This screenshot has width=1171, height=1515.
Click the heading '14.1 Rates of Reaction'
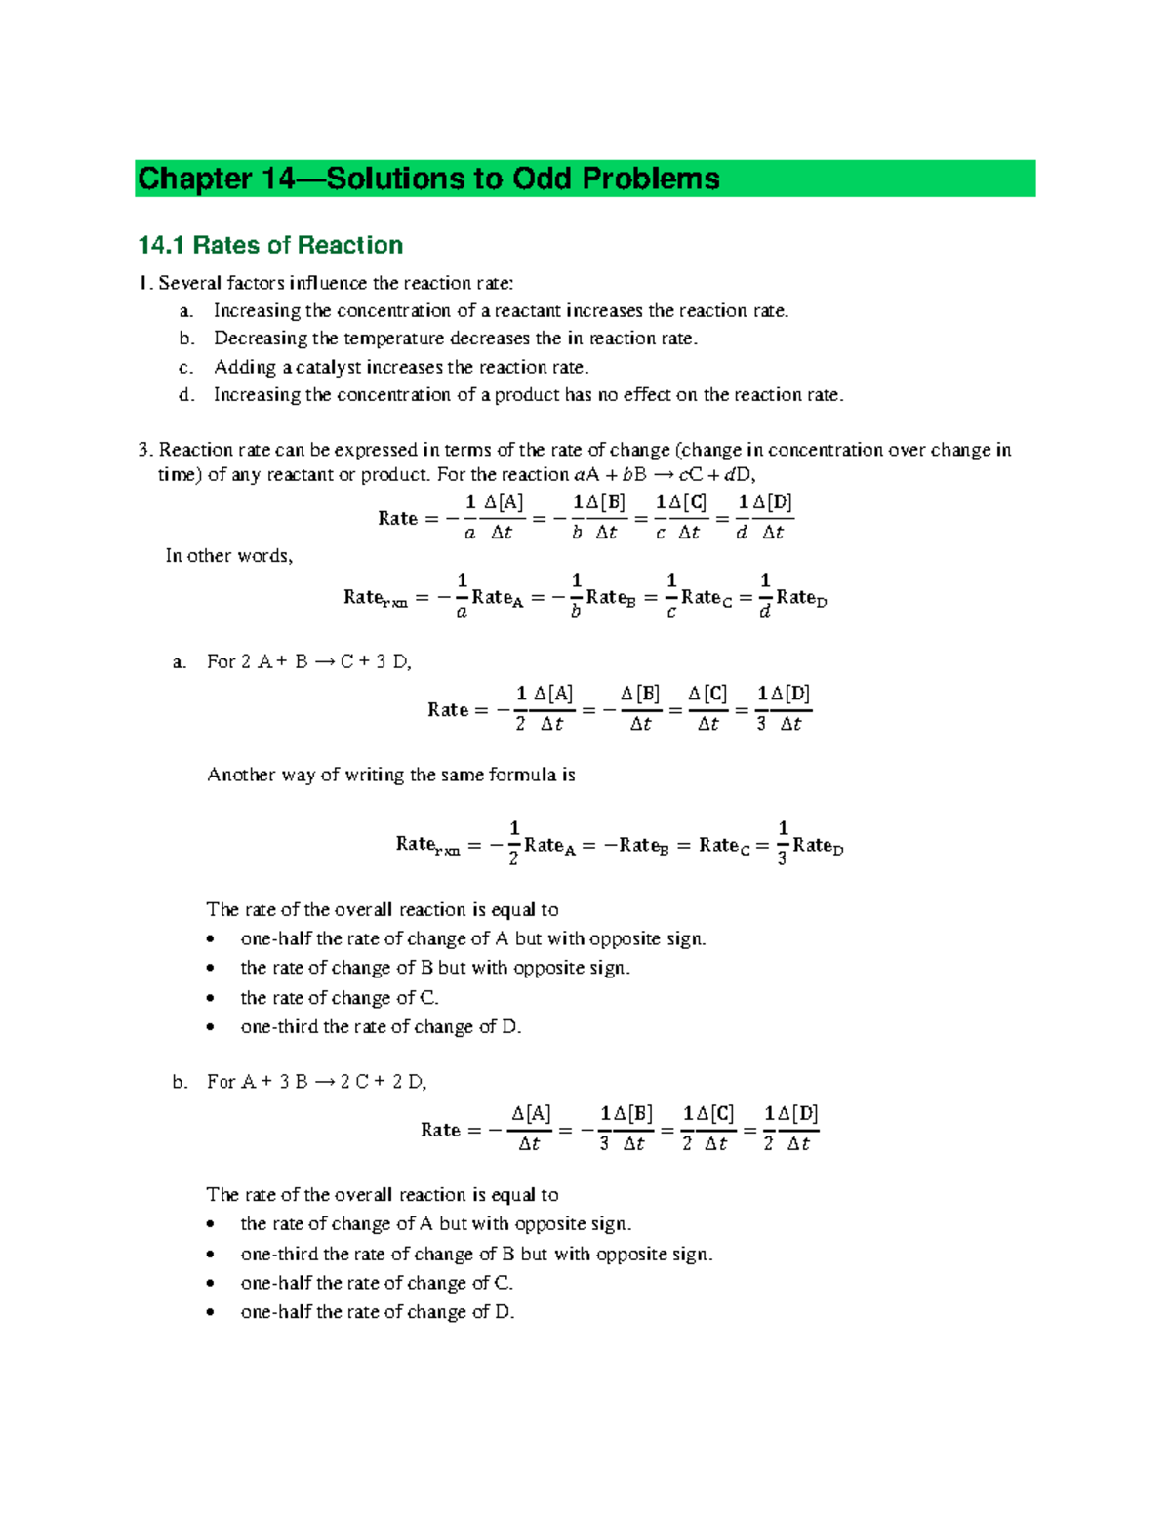[x=270, y=245]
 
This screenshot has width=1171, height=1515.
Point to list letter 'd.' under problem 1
[x=186, y=395]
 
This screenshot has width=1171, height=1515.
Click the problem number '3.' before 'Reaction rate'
[x=146, y=450]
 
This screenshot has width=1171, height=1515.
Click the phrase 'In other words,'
[x=229, y=556]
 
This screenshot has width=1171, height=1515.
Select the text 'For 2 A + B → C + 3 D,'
[x=309, y=661]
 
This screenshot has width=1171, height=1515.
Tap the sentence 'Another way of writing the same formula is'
[x=390, y=775]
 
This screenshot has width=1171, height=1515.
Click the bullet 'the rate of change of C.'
[x=339, y=998]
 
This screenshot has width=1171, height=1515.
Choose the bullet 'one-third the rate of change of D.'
[x=381, y=1027]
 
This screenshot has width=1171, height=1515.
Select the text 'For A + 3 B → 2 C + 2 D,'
[x=317, y=1082]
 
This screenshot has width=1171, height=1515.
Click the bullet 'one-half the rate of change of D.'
[x=377, y=1312]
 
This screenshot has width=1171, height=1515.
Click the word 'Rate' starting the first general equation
[x=397, y=518]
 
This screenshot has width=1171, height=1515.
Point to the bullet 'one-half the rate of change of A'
[x=472, y=938]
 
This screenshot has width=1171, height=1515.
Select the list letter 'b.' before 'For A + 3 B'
[x=180, y=1082]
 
